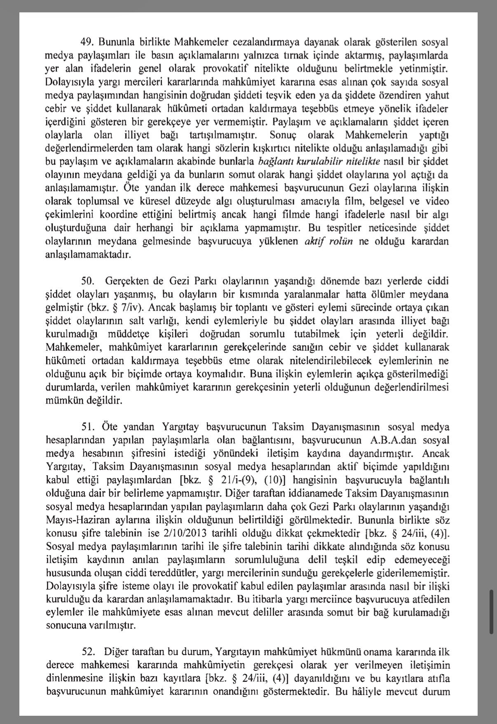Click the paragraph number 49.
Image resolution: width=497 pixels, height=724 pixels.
[x=87, y=42]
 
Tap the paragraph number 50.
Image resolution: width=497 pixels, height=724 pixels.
[x=88, y=281]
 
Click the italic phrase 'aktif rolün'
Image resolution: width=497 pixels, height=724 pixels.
[x=328, y=241]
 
